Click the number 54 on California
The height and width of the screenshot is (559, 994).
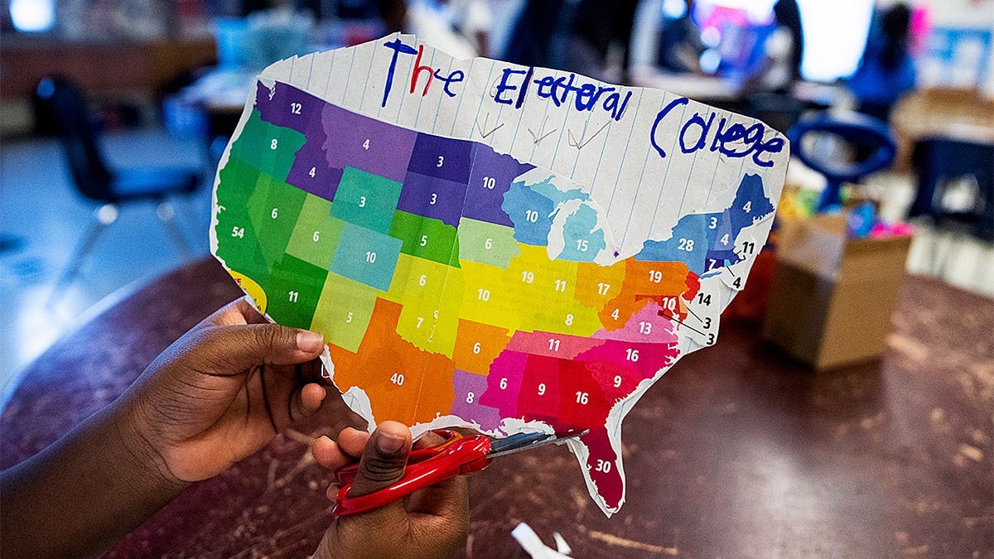pos(238,233)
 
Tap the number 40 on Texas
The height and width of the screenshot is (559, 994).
pos(397,379)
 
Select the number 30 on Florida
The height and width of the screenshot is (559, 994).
pos(602,466)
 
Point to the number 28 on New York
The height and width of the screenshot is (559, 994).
pos(685,244)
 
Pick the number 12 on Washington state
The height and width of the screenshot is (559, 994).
pos(296,108)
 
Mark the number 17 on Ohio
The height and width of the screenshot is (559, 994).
pos(603,290)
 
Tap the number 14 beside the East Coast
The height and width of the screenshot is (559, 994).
pos(704,299)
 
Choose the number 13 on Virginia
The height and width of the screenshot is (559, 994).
pos(644,328)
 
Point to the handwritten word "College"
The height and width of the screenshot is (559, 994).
pos(717,133)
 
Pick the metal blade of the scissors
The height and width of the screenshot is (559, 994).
pos(530,441)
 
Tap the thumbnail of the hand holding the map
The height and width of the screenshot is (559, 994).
pos(310,341)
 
